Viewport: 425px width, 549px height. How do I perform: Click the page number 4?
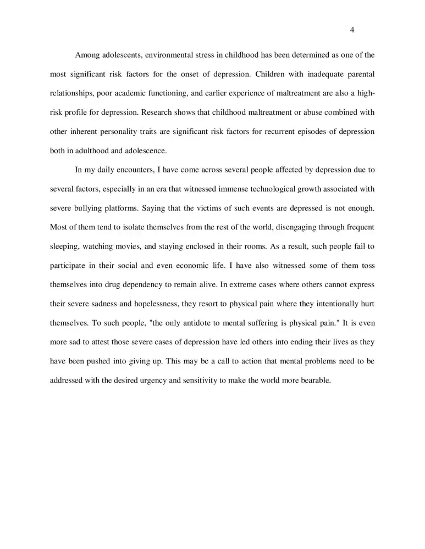click(x=352, y=30)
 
